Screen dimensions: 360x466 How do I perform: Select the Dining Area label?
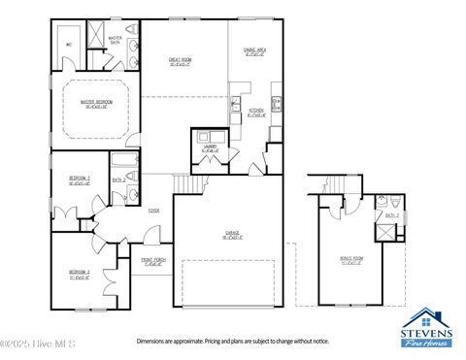tap(254, 53)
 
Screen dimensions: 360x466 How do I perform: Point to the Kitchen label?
tap(256, 112)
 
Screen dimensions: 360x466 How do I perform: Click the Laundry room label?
tap(210, 147)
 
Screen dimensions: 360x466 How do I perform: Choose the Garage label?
tap(233, 234)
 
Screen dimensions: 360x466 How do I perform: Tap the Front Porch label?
tap(153, 261)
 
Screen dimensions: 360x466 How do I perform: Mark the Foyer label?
tap(153, 210)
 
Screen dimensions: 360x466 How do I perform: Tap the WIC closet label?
tap(70, 45)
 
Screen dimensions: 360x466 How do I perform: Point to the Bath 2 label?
tap(118, 180)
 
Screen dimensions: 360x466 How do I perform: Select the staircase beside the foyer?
tap(183, 184)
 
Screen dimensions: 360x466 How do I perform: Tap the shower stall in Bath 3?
tap(385, 233)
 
